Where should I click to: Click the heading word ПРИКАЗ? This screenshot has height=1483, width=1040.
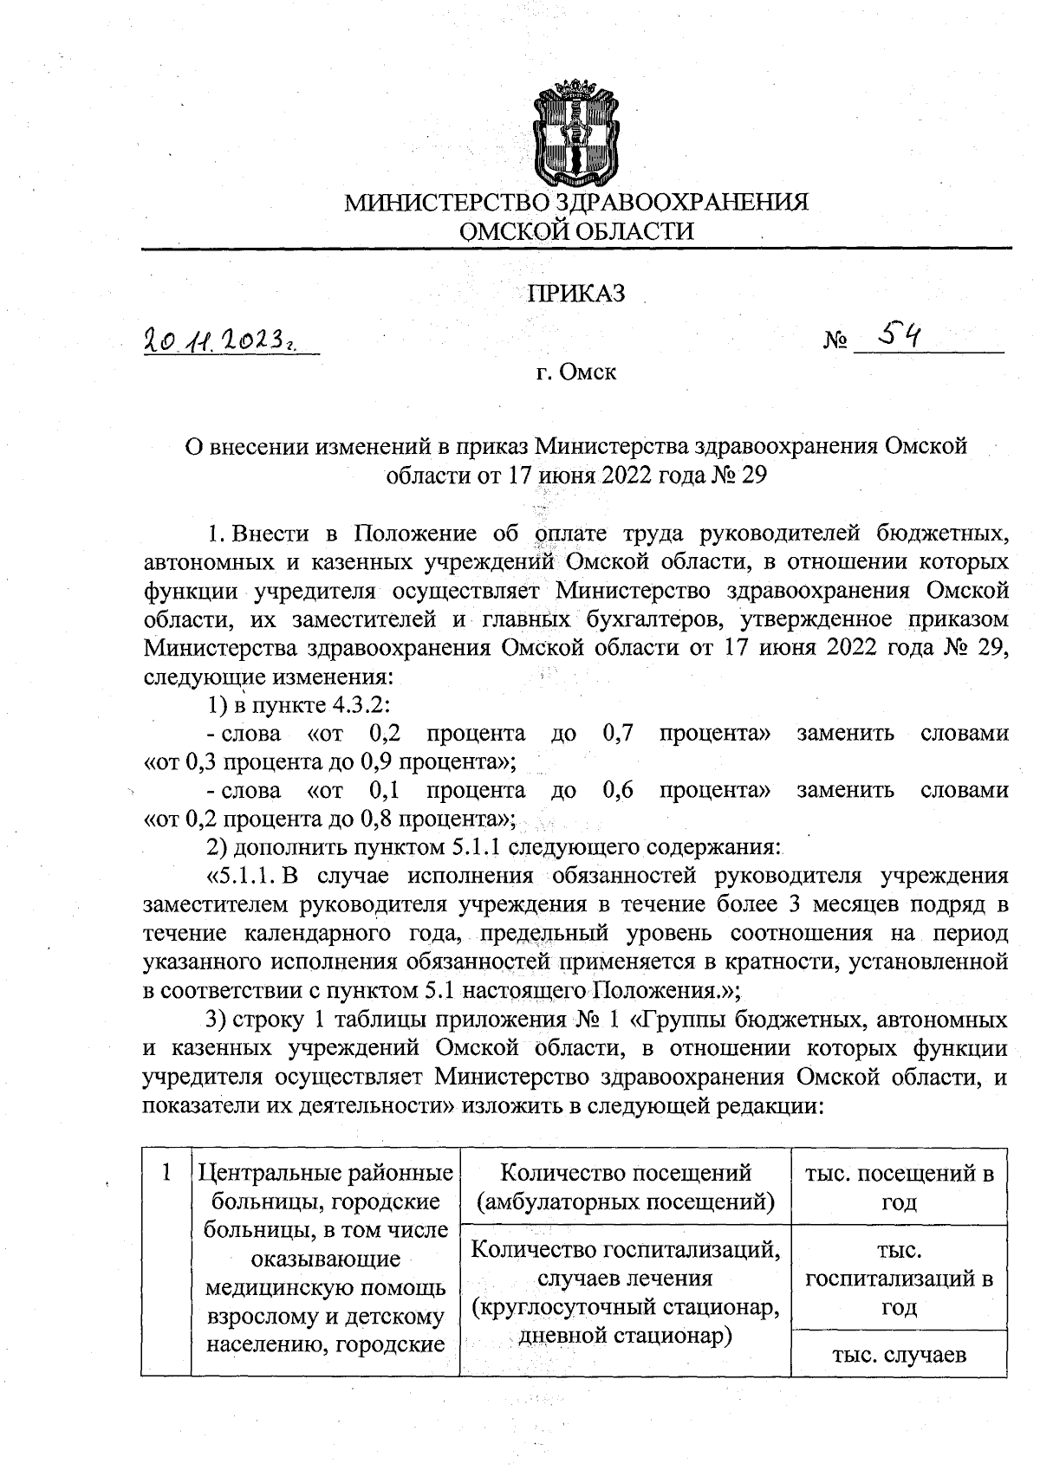pos(576,294)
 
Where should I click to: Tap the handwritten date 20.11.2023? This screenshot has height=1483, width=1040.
pos(229,342)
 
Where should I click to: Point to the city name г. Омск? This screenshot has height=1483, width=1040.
pos(576,373)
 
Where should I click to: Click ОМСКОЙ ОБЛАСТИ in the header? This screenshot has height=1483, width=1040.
pos(576,231)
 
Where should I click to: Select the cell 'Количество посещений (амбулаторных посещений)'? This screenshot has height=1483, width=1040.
pos(625,1187)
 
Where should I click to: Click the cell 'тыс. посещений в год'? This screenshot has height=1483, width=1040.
pos(899,1187)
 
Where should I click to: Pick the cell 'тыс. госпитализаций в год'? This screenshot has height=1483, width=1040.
pos(899,1278)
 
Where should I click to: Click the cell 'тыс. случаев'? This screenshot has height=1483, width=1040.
pos(899,1355)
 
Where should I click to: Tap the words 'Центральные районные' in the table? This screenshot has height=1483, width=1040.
pos(326,1175)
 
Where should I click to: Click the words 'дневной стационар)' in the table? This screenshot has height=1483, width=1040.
pos(625,1337)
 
